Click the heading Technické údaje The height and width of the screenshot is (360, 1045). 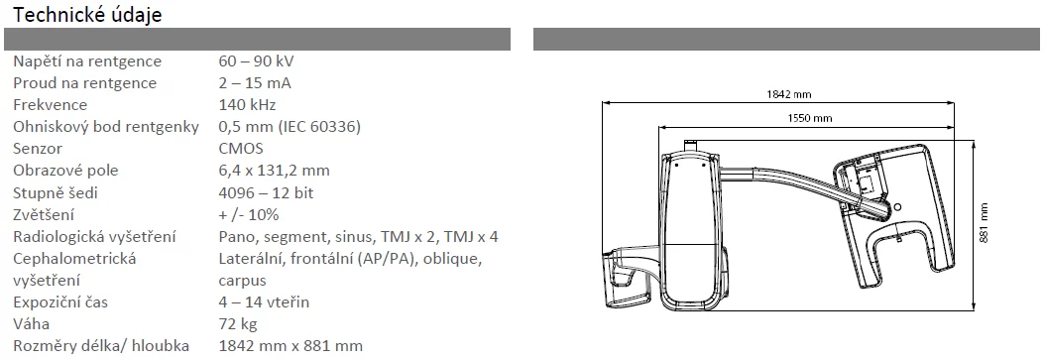point(87,15)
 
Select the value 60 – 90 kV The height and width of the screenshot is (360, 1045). point(256,61)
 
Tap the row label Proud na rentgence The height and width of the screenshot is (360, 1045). point(84,83)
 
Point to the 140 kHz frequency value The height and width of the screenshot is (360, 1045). point(247,105)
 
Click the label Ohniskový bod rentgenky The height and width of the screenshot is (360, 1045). point(106,127)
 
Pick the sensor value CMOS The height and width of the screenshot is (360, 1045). point(241,149)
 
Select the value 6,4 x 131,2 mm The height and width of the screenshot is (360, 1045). point(274,171)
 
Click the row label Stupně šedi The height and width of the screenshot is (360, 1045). point(56,193)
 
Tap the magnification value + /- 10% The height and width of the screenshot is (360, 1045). point(249,214)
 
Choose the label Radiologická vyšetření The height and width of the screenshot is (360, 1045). point(94,237)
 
